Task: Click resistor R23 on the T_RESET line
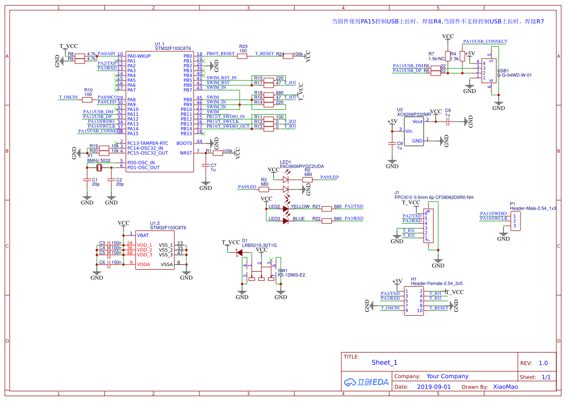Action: pos(242,56)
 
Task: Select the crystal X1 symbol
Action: pos(99,168)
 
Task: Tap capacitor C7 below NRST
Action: pos(206,166)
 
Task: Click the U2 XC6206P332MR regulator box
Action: pos(411,131)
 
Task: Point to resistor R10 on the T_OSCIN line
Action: pos(87,100)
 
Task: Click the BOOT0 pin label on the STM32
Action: pos(184,143)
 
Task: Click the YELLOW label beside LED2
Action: pos(300,207)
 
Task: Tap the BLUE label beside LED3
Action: pos(298,219)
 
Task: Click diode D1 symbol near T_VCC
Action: pos(239,252)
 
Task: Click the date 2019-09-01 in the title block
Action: pos(433,387)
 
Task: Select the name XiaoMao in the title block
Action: pos(505,387)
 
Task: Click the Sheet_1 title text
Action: pos(384,362)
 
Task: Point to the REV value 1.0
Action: pos(543,363)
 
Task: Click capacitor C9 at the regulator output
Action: pos(448,122)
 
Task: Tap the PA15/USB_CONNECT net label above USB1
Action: pos(485,42)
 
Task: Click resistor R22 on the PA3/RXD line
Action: pos(327,219)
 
